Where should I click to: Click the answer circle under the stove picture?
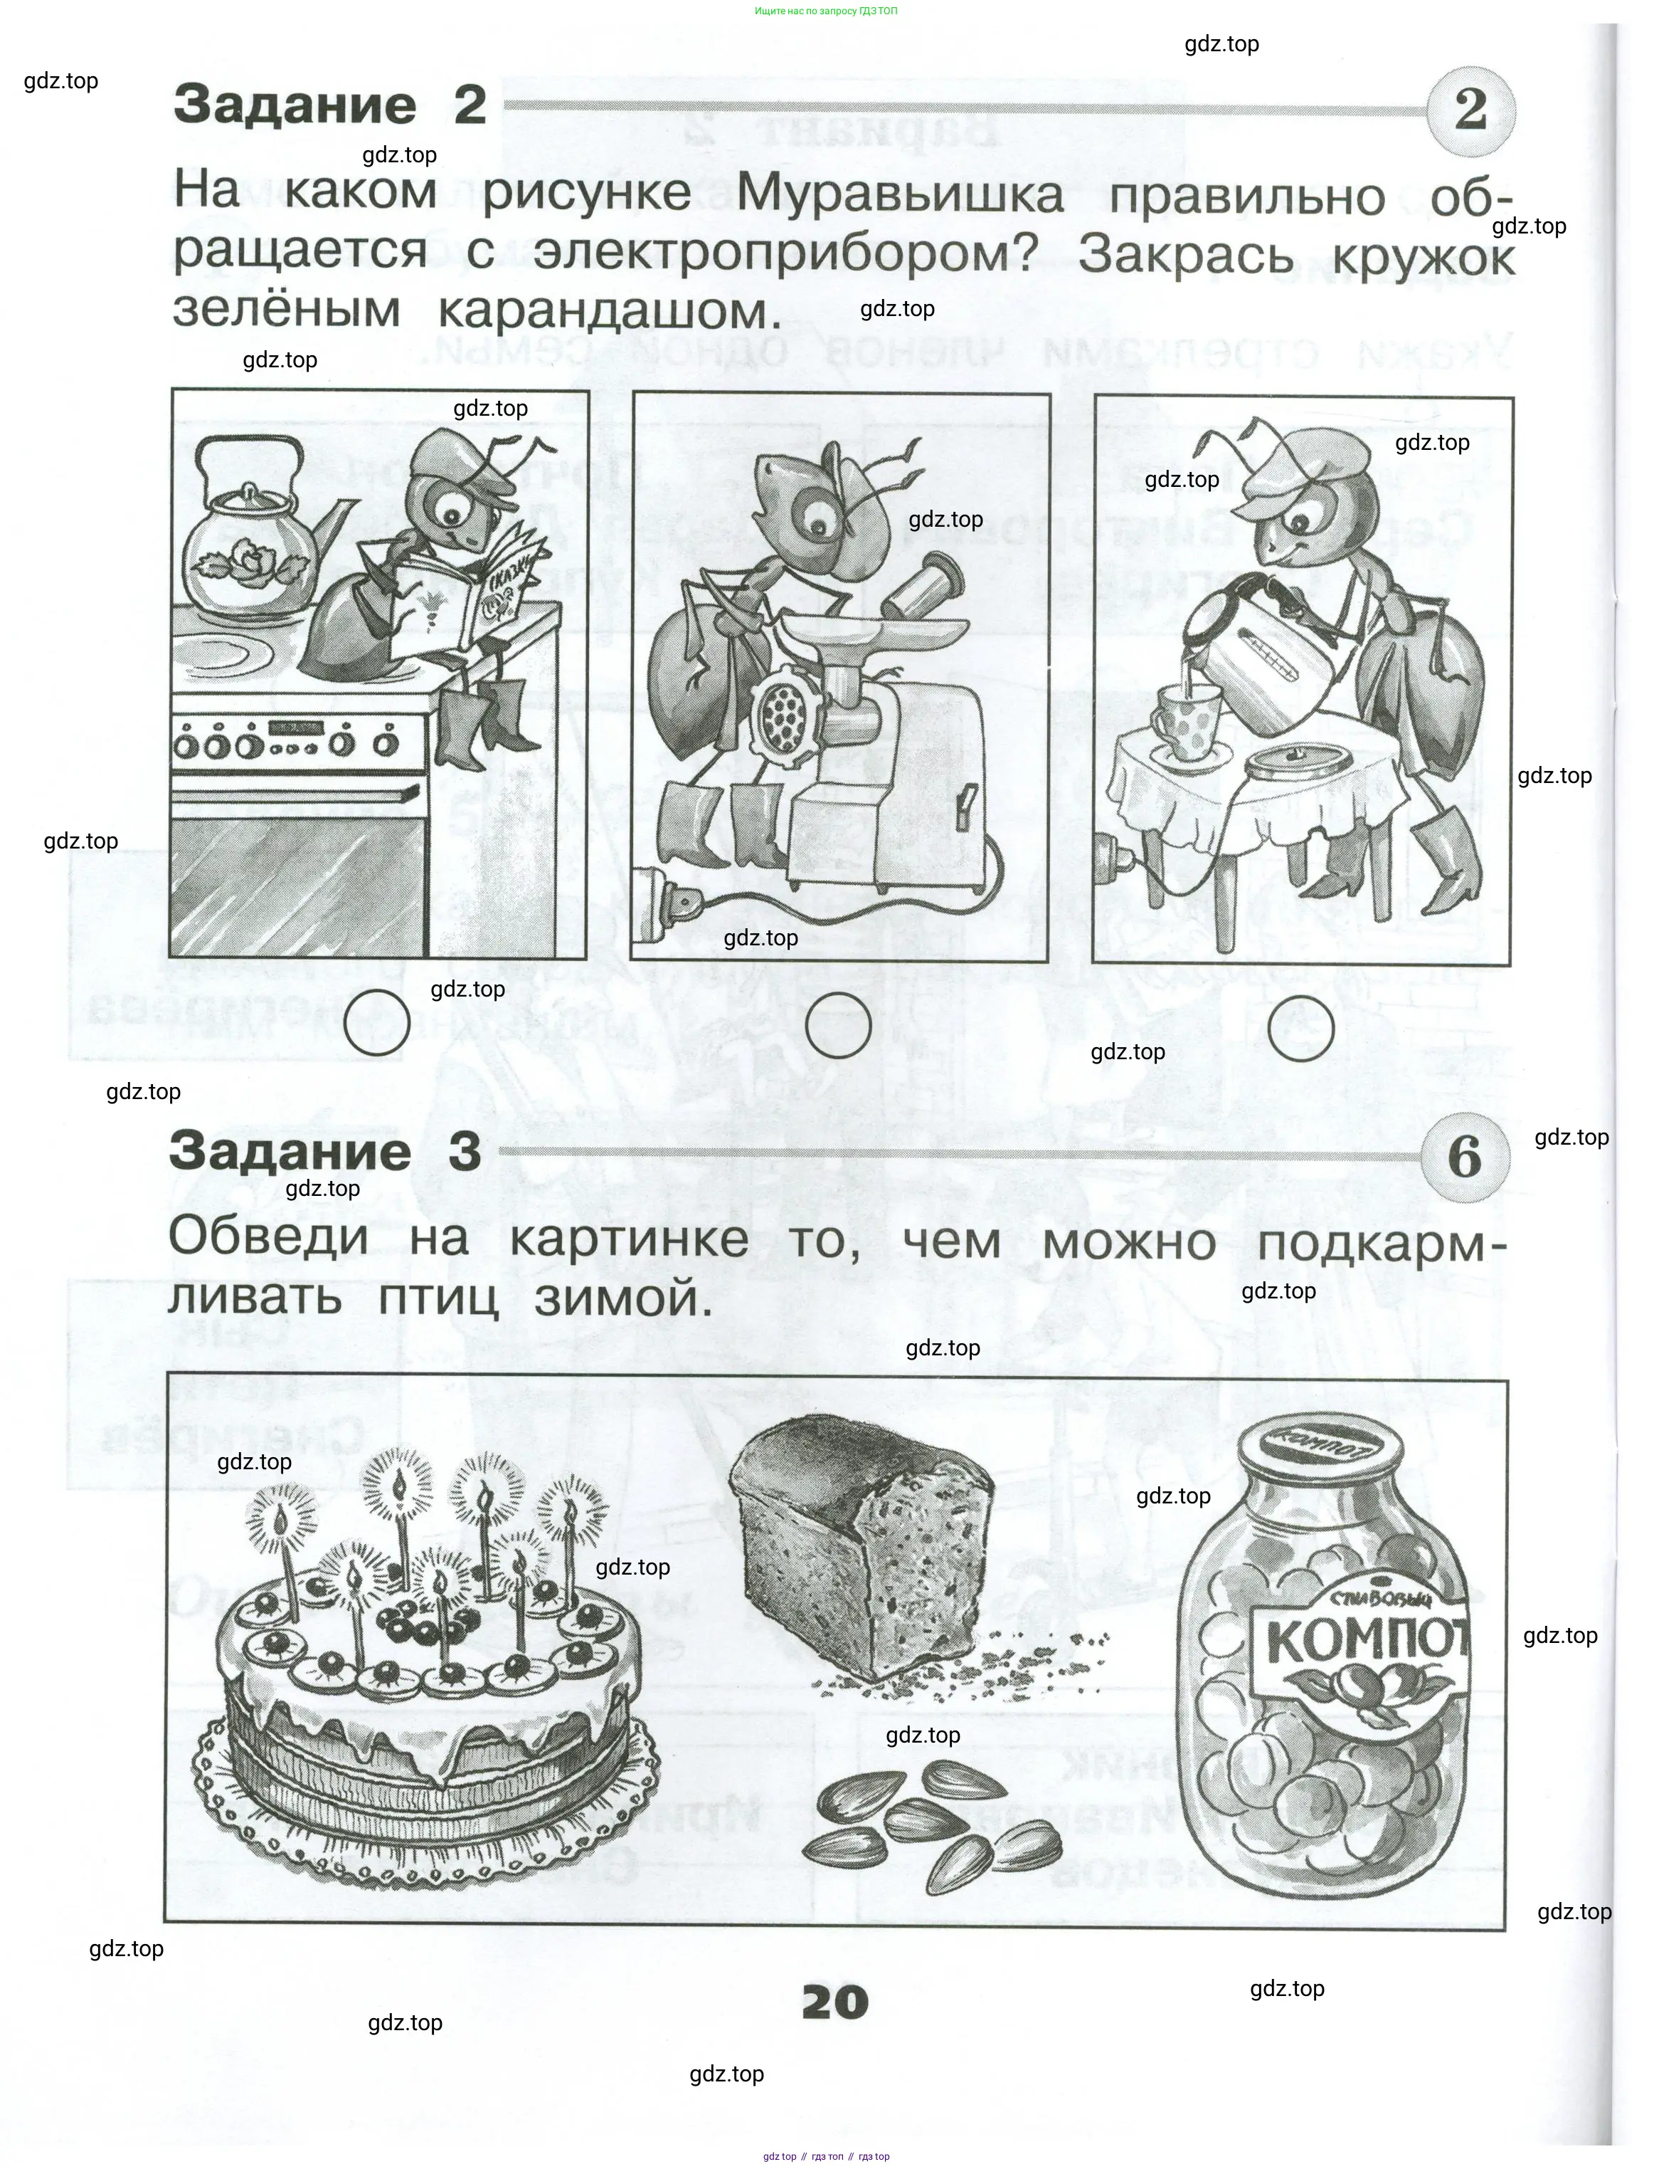(377, 1022)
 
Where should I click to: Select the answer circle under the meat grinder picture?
(839, 1024)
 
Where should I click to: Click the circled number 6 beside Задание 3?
(1465, 1157)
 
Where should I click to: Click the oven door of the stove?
(299, 867)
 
